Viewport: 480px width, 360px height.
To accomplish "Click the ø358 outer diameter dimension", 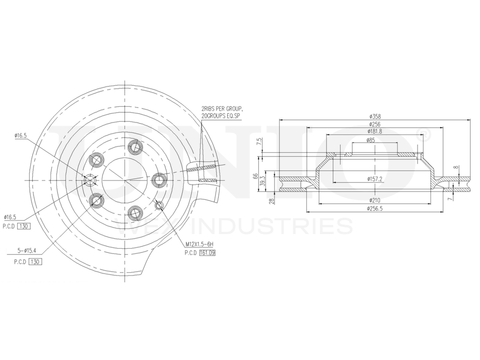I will pyautogui.click(x=375, y=117).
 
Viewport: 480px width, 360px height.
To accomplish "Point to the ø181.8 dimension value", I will pyautogui.click(x=375, y=131).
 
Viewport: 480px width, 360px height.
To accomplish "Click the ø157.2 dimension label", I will pyautogui.click(x=375, y=179).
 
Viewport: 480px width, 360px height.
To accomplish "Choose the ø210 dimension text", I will pyautogui.click(x=375, y=200).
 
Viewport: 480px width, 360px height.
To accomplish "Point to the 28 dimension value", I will pyautogui.click(x=272, y=201).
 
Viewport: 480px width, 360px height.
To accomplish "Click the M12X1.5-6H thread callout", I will pyautogui.click(x=199, y=245).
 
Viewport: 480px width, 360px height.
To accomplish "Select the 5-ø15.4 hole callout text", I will pyautogui.click(x=27, y=250).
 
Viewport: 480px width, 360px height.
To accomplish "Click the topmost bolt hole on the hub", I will pyautogui.click(x=136, y=146).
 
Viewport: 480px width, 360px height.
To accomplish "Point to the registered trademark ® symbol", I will pyautogui.click(x=424, y=133).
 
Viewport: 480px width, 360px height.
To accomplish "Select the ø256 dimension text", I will pyautogui.click(x=375, y=124).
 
